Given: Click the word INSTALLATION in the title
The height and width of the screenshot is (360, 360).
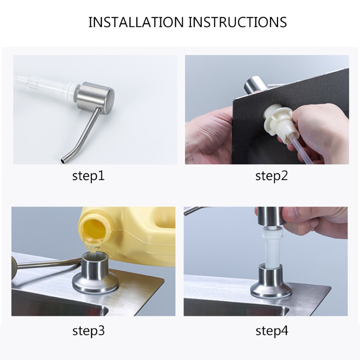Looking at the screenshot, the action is tap(136, 22).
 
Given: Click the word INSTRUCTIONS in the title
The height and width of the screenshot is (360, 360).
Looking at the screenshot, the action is tap(238, 22).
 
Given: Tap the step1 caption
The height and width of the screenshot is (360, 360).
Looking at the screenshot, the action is tap(88, 176).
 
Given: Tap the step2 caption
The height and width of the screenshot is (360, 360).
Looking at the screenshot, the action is tap(272, 176).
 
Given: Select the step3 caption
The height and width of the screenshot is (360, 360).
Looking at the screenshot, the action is tap(89, 331).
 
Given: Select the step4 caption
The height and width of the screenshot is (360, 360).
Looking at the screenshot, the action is tap(272, 331).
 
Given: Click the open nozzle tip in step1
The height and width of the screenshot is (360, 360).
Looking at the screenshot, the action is tap(63, 161).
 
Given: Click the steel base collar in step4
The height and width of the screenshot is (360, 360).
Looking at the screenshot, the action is tap(271, 281).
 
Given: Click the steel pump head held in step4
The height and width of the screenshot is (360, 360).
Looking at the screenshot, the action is tap(269, 216).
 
